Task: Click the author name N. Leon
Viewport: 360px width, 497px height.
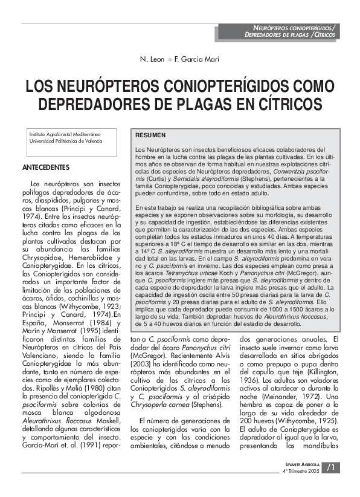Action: coord(153,60)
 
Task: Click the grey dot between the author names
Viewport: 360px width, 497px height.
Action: coord(170,60)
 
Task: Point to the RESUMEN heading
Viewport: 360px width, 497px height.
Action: coord(148,135)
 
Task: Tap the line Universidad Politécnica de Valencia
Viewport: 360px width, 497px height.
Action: coord(65,140)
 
